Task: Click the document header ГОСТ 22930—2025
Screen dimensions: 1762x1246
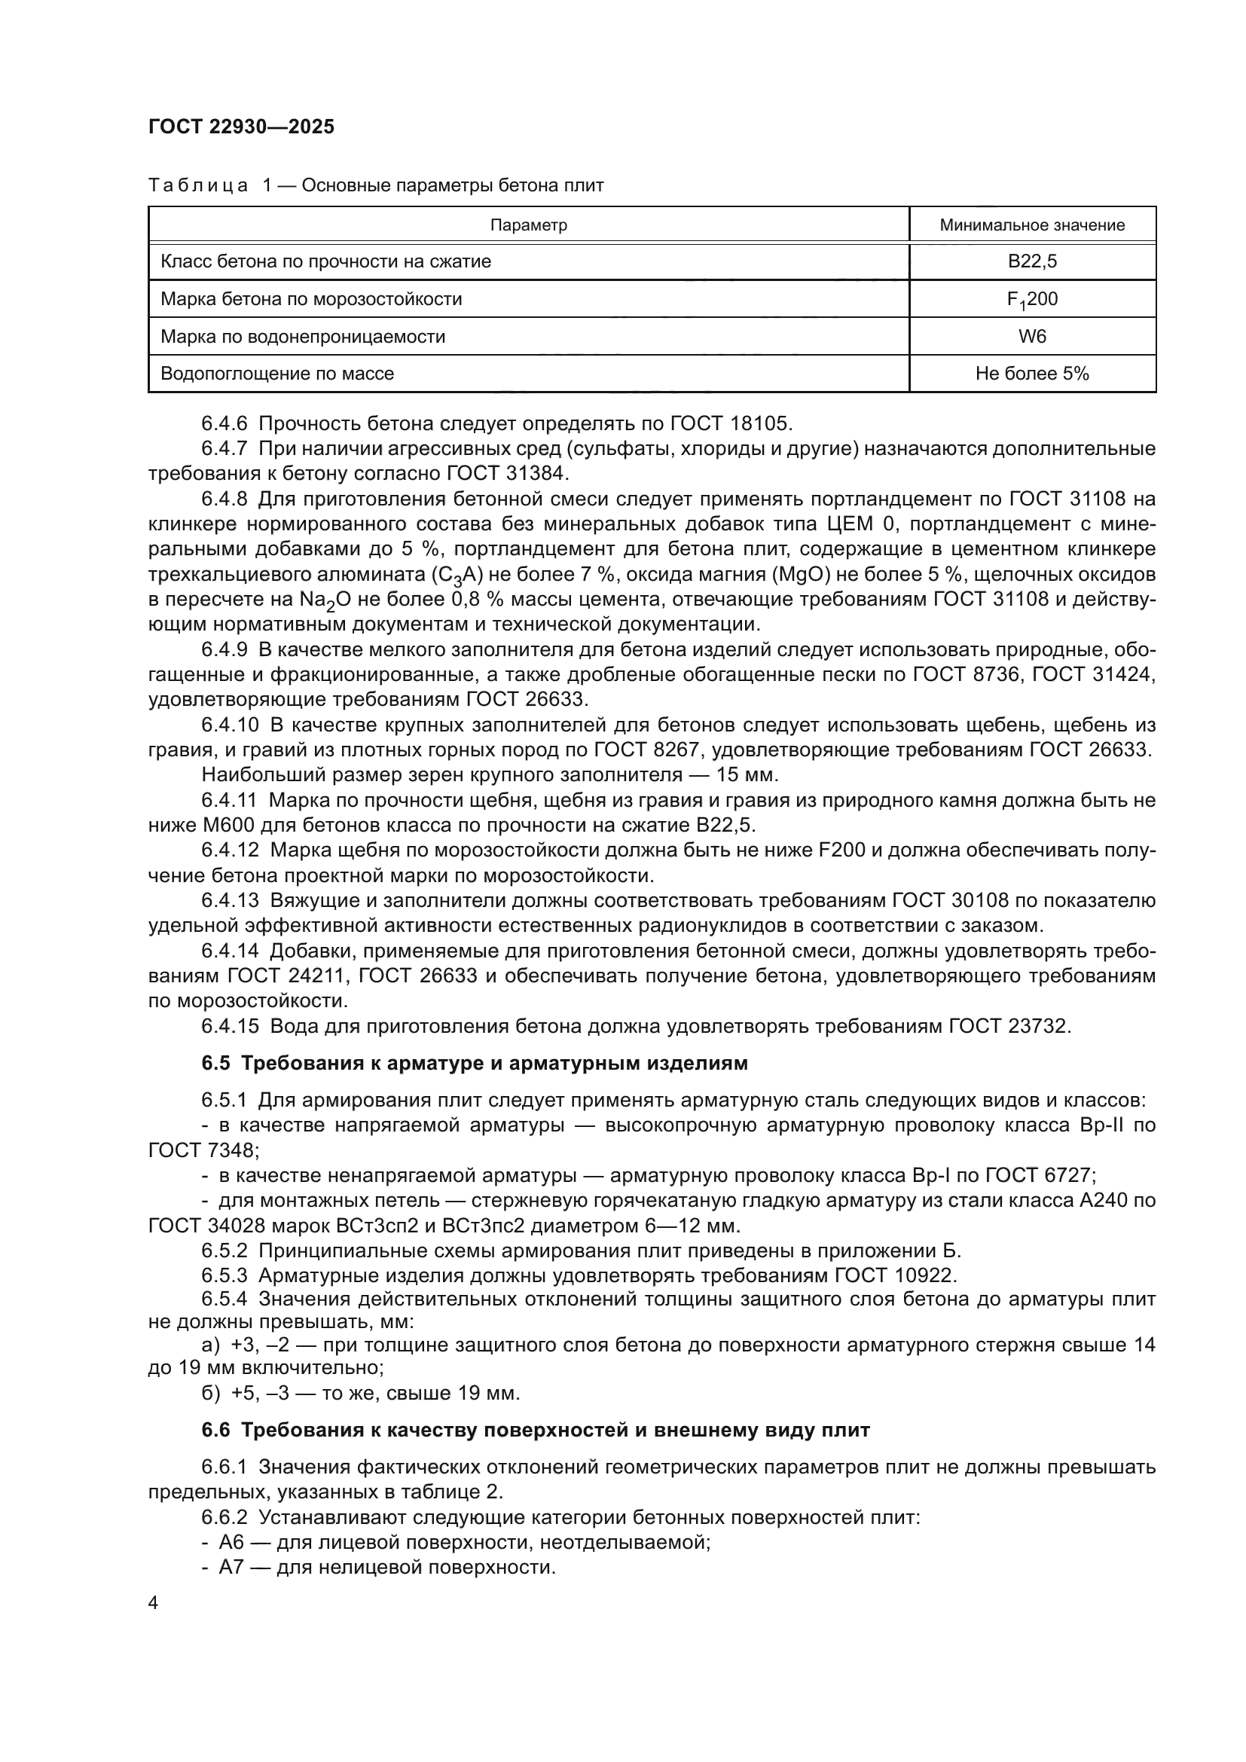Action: [242, 127]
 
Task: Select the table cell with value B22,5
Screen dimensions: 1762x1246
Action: [1032, 261]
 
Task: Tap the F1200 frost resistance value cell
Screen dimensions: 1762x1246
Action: [1032, 300]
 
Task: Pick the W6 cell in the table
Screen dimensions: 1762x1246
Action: [1032, 336]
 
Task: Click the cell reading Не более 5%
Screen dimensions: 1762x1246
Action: [1032, 374]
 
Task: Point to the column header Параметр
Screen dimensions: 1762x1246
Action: [528, 224]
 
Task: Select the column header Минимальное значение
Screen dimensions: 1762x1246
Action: [1032, 224]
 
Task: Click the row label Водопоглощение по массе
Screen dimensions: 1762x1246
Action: [277, 374]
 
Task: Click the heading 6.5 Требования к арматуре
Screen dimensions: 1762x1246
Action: [474, 1063]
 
